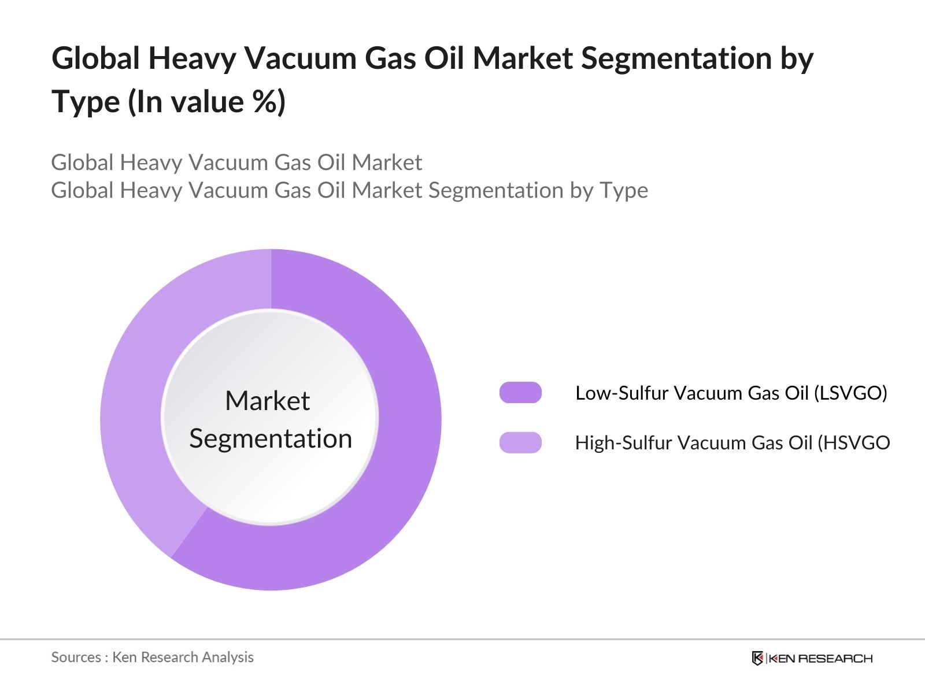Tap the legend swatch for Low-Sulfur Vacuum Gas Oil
coord(520,393)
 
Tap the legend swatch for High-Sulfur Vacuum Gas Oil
coord(520,442)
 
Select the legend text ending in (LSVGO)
coord(731,393)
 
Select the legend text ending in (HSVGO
coord(732,443)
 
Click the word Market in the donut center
coord(267,401)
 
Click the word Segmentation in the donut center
coord(271,438)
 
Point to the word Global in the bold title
coord(96,58)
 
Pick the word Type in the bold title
coord(86,102)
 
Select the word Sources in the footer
coord(76,658)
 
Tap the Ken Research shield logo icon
coord(757,658)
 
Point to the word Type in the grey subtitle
coord(624,190)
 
